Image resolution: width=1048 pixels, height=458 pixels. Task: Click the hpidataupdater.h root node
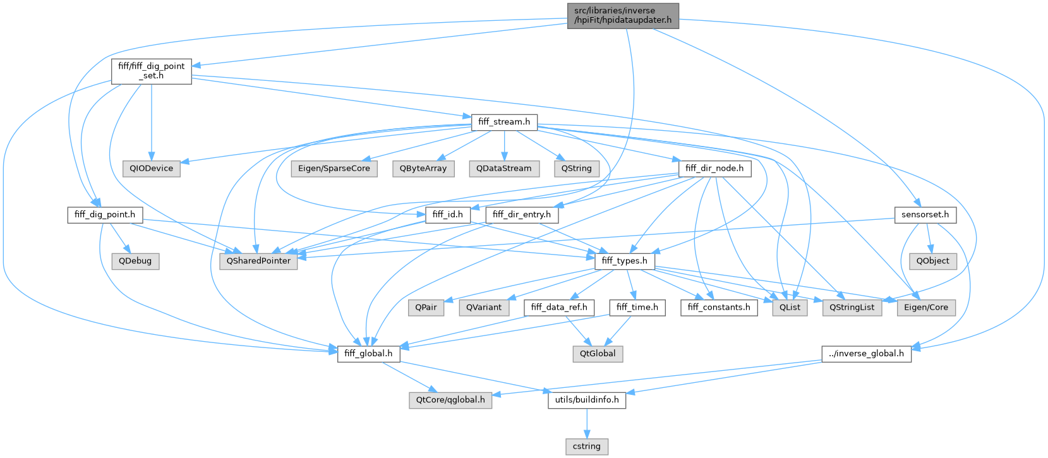pos(622,16)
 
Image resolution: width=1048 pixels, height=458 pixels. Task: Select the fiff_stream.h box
pos(503,121)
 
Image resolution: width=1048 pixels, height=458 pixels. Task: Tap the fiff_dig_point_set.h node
pos(151,71)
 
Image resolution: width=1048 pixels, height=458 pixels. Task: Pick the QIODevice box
pos(152,169)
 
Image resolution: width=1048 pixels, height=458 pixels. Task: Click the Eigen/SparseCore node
pos(334,169)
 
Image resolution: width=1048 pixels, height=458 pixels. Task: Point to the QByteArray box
pos(423,169)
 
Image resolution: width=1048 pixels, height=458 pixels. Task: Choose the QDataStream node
pos(504,169)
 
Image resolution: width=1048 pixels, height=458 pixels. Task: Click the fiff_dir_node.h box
pos(714,169)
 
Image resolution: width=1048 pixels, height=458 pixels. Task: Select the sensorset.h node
pos(925,215)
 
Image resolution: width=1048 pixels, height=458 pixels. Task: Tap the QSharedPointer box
pos(258,260)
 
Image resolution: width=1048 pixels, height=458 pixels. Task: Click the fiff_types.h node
pos(624,260)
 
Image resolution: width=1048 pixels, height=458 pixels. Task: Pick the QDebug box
pos(135,260)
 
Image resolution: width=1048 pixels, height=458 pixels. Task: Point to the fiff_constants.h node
pos(719,307)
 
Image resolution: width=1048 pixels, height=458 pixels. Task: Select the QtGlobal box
pos(598,353)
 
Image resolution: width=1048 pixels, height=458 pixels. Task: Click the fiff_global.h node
pos(369,353)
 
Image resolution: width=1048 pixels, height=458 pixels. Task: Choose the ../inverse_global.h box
pos(866,353)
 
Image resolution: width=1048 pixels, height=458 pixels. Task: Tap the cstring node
pos(587,446)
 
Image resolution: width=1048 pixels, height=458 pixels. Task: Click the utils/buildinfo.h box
pos(587,400)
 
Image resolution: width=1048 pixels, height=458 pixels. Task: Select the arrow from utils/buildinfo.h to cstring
pos(587,423)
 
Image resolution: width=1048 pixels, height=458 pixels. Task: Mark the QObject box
pos(933,260)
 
